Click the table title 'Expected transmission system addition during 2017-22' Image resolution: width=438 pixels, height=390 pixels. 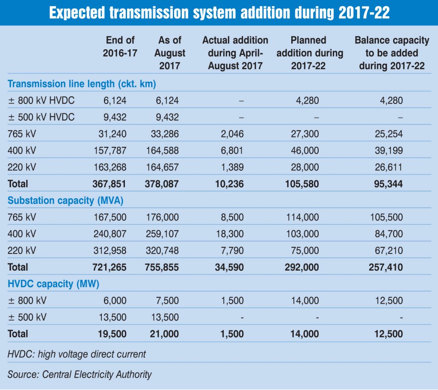[219, 13]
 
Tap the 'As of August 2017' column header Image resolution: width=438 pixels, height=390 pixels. [170, 53]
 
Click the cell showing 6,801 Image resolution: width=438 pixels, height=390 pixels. [232, 151]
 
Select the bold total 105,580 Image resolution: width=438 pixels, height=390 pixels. [303, 184]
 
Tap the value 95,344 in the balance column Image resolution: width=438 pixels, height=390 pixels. [387, 184]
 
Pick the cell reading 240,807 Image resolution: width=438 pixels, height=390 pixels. [110, 234]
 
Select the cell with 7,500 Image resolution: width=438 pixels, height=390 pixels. [167, 300]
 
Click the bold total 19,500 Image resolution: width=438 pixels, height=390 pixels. [112, 333]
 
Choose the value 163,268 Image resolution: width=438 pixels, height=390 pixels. [110, 167]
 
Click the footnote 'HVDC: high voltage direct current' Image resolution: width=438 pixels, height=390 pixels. [77, 354]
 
